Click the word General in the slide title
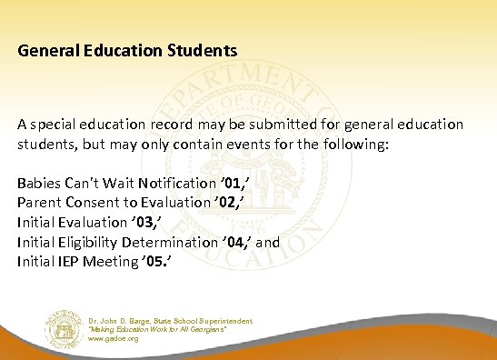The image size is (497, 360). [45, 50]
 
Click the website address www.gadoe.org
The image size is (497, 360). [113, 337]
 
